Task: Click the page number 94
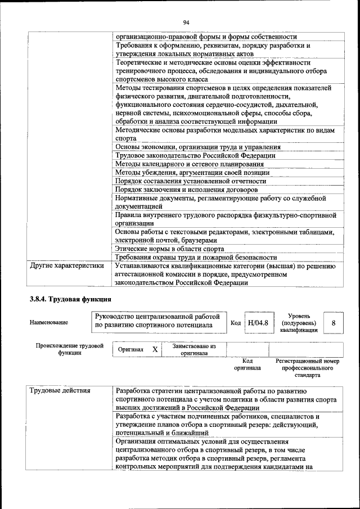click(186, 22)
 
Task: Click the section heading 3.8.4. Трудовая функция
click(71, 299)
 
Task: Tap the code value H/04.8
click(258, 323)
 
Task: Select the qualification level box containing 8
click(334, 323)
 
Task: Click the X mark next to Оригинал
click(155, 349)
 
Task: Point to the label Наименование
click(49, 323)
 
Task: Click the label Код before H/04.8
click(236, 323)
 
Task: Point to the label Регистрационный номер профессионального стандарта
click(308, 368)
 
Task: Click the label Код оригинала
click(247, 364)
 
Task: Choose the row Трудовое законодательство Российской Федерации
click(195, 155)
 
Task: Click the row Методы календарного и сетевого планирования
click(190, 164)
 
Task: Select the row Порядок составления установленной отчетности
click(191, 181)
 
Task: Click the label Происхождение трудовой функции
click(69, 349)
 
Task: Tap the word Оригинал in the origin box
click(130, 350)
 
